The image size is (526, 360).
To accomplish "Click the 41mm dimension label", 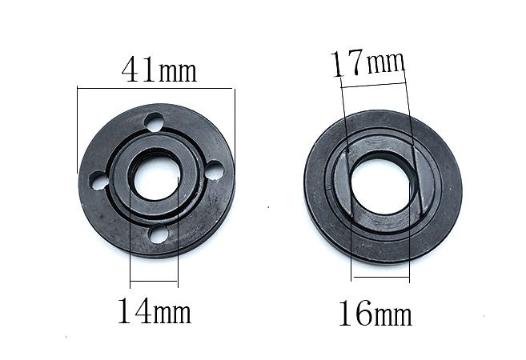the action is coord(159,70).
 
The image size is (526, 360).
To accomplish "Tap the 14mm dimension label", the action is coord(155,310).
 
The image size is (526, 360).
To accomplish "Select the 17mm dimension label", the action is coord(368,62).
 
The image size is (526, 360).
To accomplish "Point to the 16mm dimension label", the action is coord(375,313).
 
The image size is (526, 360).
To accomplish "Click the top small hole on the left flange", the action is coord(155,122).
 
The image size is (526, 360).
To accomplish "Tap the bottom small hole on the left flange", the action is coord(159,234).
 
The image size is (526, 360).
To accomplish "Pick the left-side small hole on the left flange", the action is coord(99,181).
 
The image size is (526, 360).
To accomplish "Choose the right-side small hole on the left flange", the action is coord(214,170).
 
